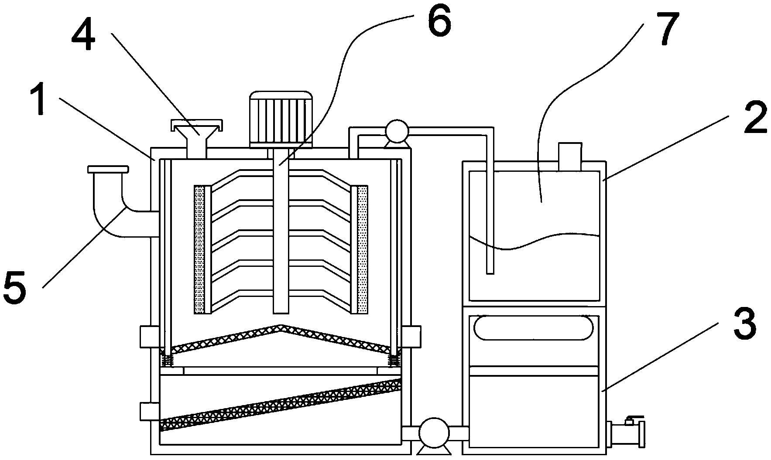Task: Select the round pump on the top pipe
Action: pyautogui.click(x=396, y=131)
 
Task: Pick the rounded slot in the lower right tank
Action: pyautogui.click(x=534, y=328)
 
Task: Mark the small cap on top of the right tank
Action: pyautogui.click(x=570, y=156)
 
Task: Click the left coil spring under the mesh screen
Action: pyautogui.click(x=166, y=360)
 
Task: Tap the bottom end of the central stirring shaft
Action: pyautogui.click(x=281, y=312)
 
